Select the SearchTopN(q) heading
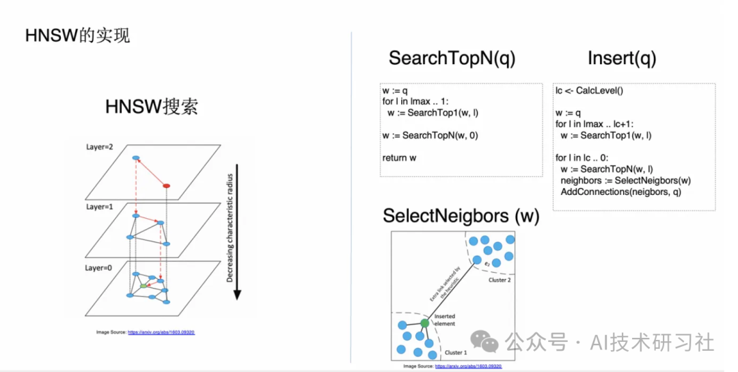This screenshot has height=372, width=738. [x=452, y=59]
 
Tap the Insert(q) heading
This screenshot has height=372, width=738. [x=622, y=59]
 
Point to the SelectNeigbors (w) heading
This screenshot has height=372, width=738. [x=461, y=216]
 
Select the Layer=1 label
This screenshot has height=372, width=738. [x=102, y=206]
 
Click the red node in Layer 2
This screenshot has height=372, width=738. [x=165, y=185]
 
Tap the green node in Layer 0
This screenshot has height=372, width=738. [x=143, y=285]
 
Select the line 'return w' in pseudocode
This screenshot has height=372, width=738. [x=400, y=158]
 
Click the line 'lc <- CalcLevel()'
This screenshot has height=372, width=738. [x=590, y=90]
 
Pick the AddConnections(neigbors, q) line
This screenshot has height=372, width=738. [x=620, y=192]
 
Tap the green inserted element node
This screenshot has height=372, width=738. [x=424, y=322]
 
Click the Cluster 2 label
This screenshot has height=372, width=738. [x=502, y=280]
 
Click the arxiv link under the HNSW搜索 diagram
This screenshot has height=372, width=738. [x=161, y=332]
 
